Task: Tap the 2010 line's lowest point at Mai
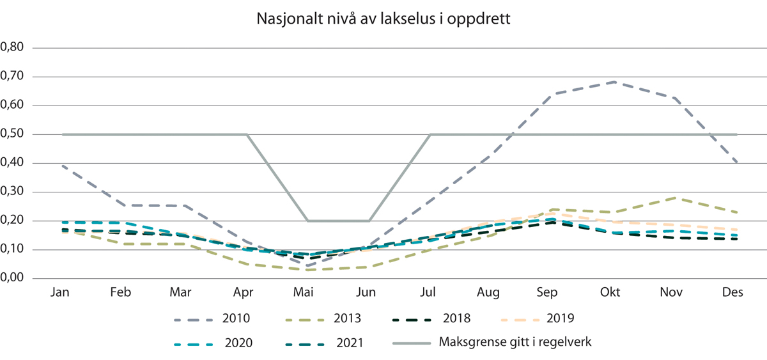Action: tap(307, 265)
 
